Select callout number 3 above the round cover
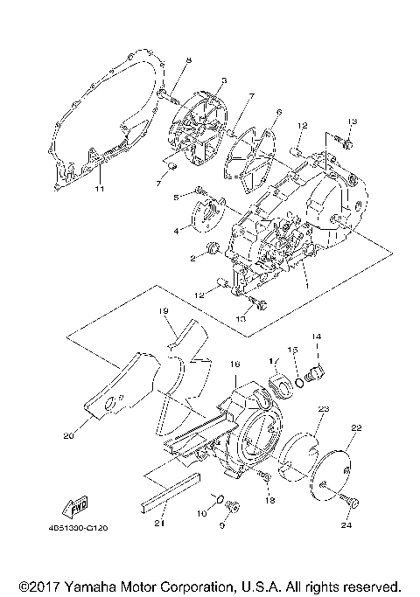coord(223,80)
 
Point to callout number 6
coord(278,112)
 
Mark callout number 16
coord(234,363)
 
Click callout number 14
coord(317,336)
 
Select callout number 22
coord(356,427)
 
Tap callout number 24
coord(346,526)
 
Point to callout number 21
coord(159,524)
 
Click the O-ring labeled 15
coord(300,379)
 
